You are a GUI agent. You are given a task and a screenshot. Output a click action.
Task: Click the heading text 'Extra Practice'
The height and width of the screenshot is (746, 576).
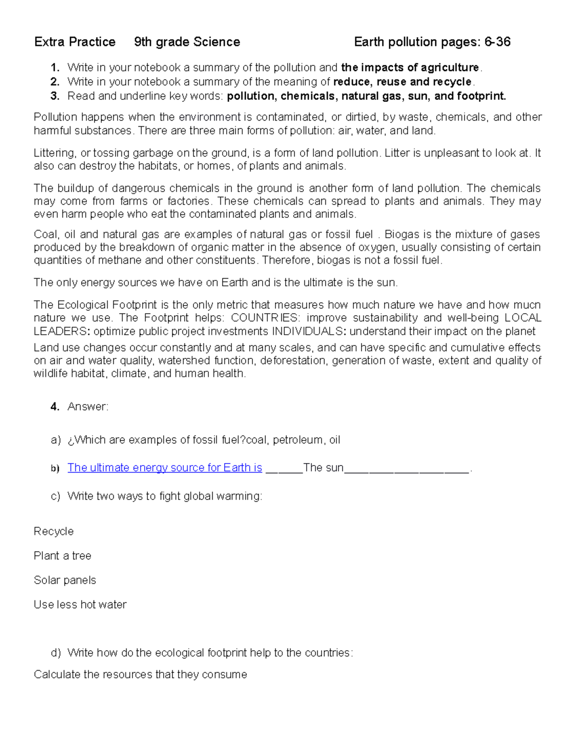point(75,42)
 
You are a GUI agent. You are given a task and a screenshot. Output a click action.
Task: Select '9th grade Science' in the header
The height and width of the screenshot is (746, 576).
point(187,42)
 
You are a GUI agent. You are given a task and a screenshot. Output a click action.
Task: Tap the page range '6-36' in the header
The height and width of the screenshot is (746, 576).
point(497,42)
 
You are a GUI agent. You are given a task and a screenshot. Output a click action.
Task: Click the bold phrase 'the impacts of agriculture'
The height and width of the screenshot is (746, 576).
point(409,68)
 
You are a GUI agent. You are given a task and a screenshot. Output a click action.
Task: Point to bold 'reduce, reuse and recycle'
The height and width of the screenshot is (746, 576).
point(402,82)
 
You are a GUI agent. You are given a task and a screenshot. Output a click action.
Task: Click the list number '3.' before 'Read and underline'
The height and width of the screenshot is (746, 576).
point(55,96)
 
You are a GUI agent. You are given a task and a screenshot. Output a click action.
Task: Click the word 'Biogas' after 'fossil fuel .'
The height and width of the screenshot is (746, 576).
point(402,234)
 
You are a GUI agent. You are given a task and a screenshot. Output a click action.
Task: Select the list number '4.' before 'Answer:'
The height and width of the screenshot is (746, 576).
point(55,407)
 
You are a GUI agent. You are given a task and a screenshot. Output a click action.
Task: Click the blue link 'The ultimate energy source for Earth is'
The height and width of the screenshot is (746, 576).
point(165,468)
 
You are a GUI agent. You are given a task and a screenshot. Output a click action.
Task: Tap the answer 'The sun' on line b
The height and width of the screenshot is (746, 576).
point(323,468)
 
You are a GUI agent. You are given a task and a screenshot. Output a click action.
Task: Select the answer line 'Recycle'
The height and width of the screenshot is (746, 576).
point(54,532)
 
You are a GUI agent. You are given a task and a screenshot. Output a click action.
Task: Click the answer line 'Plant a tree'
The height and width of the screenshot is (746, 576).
point(62,556)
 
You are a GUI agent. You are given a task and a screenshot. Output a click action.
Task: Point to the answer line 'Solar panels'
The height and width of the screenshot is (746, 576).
point(65,580)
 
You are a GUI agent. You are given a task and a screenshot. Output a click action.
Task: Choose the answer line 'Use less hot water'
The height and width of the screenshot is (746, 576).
point(80,605)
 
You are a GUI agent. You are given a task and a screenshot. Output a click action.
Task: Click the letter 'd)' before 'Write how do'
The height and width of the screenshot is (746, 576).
point(56,653)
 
